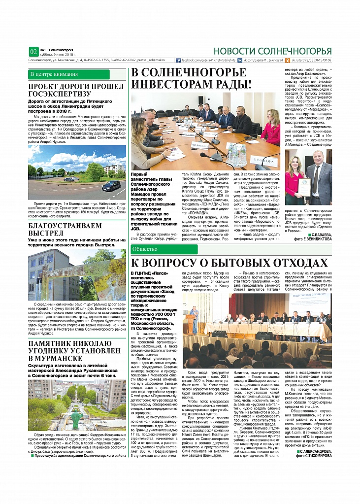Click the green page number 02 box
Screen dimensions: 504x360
click(33, 51)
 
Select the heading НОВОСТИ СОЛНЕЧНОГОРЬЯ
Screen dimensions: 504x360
click(272, 51)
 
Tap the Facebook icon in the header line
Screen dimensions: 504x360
click(179, 60)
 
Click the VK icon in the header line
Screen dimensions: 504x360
click(240, 60)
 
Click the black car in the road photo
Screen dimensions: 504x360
click(111, 186)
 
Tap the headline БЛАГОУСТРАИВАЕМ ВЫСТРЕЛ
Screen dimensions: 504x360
click(64, 228)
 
